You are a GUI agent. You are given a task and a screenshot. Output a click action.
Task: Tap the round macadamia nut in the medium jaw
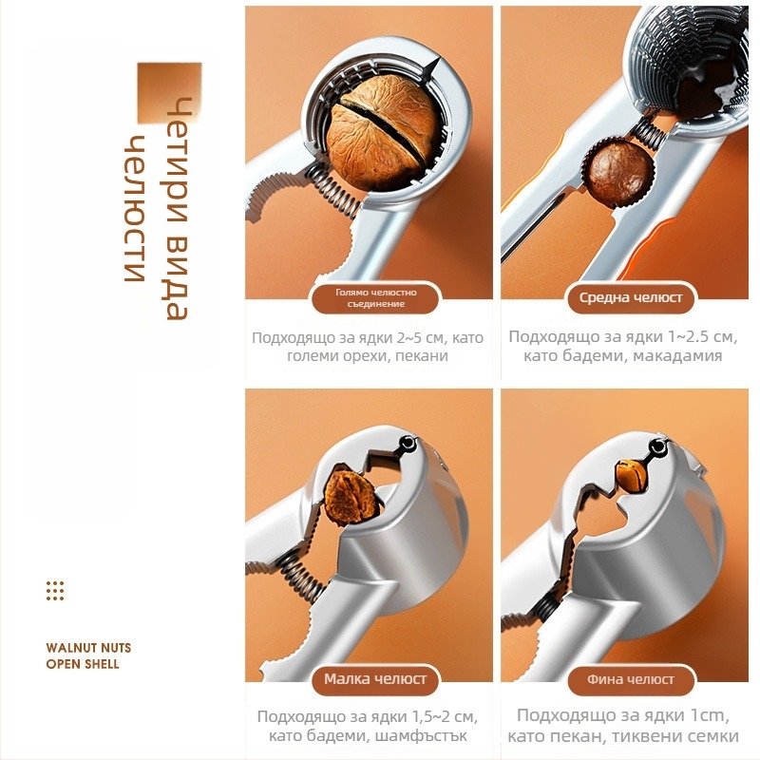click(618, 172)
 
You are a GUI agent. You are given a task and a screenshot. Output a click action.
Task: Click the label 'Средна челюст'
click(631, 297)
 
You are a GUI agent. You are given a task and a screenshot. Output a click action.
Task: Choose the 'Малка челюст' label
click(375, 678)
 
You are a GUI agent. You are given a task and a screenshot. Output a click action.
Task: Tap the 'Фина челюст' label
click(631, 679)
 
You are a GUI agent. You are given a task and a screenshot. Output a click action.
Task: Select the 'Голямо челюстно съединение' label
click(376, 298)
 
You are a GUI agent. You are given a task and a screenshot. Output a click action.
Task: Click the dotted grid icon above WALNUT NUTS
click(55, 591)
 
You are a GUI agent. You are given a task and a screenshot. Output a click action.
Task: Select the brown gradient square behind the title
click(169, 92)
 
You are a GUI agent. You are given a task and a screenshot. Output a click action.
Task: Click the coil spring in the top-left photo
click(333, 193)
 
